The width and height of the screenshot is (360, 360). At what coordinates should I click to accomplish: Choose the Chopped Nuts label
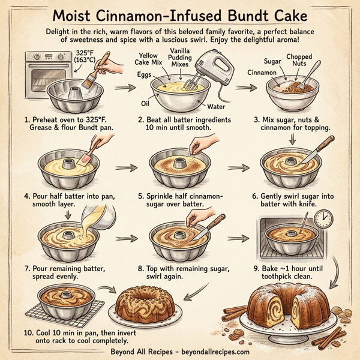point(298,61)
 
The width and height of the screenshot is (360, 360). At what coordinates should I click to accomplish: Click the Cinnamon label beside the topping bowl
point(262,72)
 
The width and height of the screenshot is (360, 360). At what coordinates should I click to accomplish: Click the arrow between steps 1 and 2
point(122,88)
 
